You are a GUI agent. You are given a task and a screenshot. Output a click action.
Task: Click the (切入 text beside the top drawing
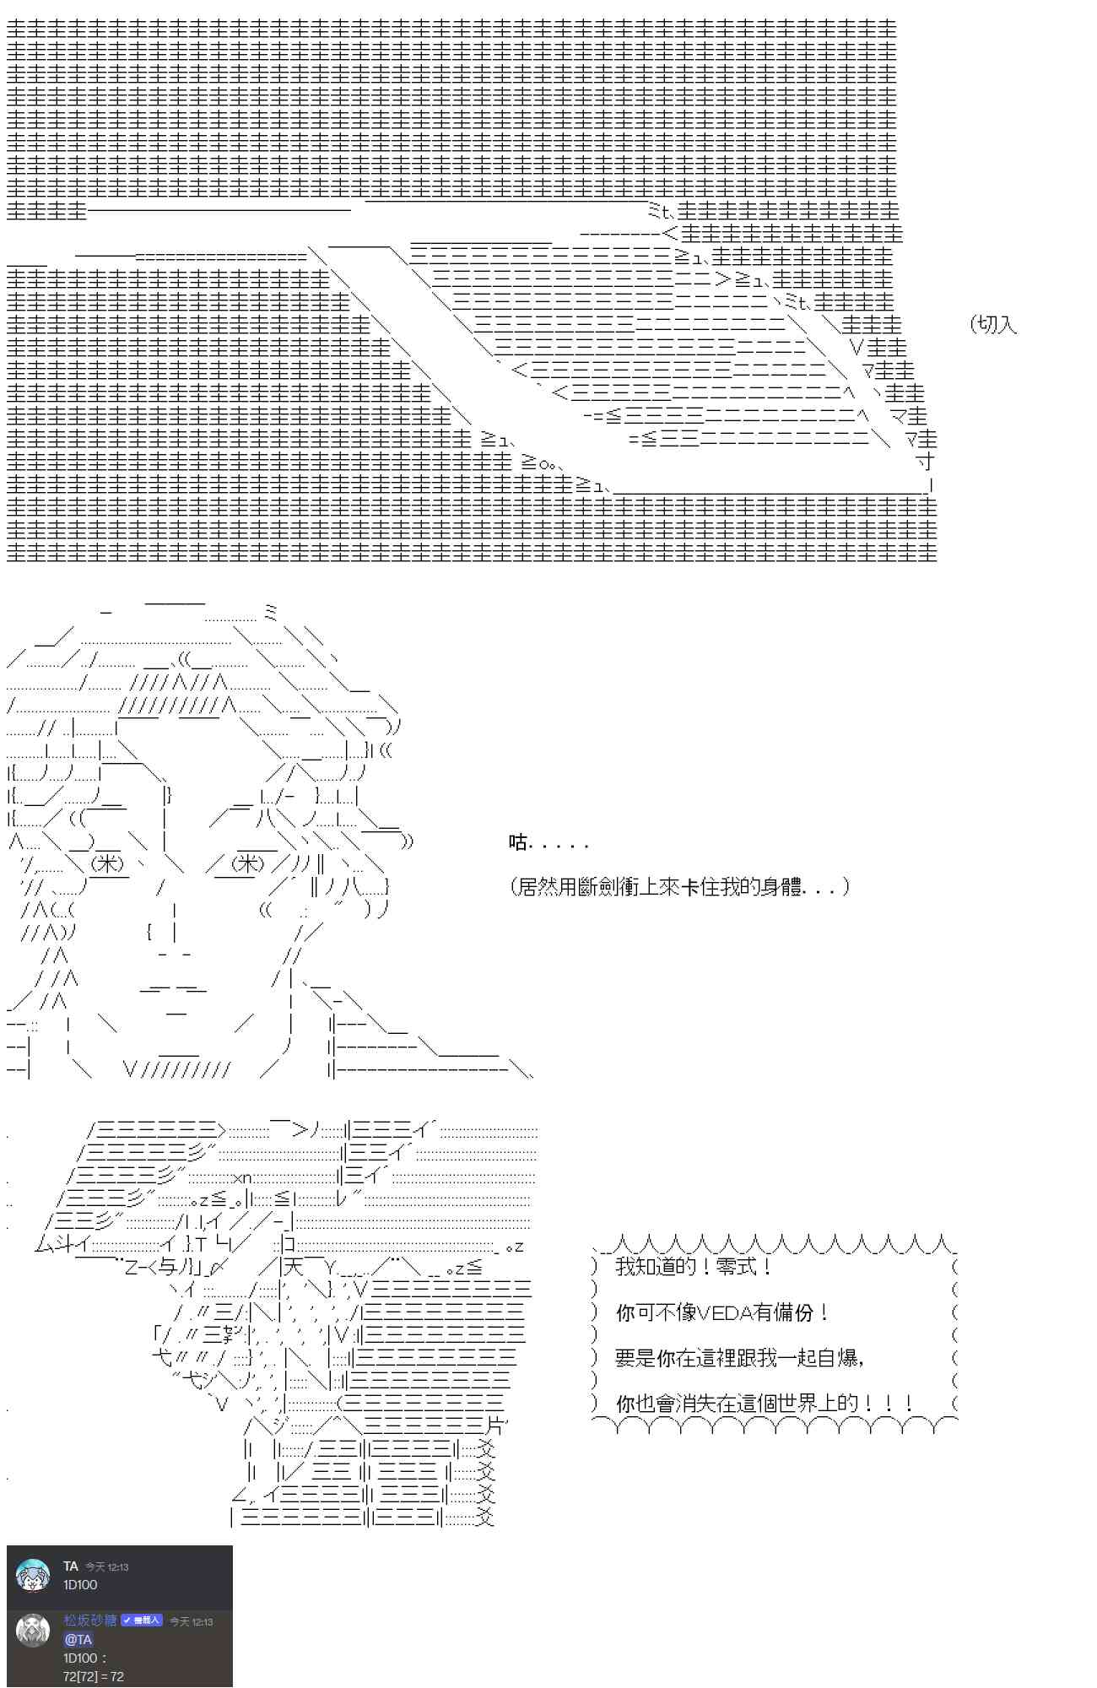(994, 324)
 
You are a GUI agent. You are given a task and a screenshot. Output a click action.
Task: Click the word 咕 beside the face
(517, 842)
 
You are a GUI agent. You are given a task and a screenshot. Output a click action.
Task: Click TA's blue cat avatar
(33, 1576)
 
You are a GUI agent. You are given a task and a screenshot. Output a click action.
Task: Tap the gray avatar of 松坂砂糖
(33, 1631)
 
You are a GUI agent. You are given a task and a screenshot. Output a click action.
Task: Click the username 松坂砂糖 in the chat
(89, 1620)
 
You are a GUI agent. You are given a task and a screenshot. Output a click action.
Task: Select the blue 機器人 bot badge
(141, 1620)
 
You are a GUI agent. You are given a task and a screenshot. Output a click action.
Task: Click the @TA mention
(78, 1639)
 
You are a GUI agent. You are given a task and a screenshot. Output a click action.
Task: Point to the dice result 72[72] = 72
(93, 1676)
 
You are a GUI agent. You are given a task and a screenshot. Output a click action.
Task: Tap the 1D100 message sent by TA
(80, 1585)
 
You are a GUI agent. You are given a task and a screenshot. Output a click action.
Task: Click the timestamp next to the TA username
(106, 1567)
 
